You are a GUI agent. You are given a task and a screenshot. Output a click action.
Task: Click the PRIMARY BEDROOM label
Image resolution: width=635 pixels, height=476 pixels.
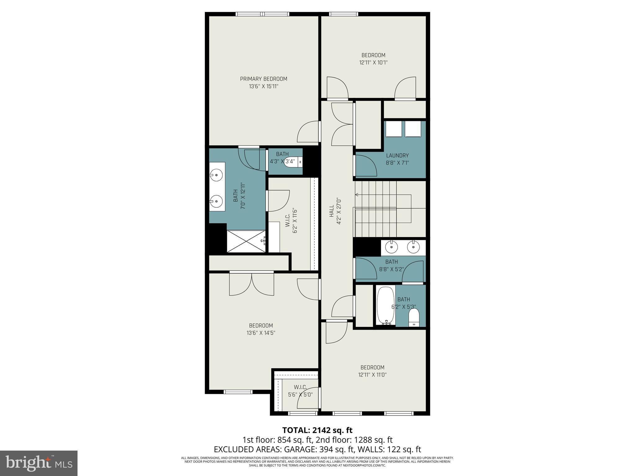click(264, 79)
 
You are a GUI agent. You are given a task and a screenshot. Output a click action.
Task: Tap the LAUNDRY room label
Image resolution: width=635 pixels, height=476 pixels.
click(397, 156)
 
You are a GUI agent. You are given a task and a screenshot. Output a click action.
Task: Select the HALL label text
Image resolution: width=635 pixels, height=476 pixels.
click(331, 211)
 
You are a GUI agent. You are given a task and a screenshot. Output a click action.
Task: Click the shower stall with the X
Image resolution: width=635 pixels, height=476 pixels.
click(246, 241)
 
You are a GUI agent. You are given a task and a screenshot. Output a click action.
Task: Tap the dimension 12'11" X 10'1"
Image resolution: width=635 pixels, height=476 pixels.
click(373, 63)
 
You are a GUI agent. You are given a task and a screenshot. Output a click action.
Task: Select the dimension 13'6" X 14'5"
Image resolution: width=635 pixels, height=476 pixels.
click(261, 333)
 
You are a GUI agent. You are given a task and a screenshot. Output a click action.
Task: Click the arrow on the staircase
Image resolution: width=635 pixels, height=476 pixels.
click(357, 195)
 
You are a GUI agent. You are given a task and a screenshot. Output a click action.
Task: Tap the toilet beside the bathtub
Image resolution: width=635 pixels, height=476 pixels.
click(414, 318)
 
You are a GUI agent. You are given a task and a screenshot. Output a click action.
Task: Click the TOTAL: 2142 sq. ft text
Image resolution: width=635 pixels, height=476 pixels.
click(317, 430)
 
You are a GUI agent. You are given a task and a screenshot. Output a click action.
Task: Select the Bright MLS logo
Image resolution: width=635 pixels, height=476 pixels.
click(39, 463)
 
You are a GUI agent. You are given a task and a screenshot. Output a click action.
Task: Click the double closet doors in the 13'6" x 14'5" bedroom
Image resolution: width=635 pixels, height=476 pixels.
click(251, 284)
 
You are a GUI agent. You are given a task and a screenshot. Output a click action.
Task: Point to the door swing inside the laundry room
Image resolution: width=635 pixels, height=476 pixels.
click(366, 165)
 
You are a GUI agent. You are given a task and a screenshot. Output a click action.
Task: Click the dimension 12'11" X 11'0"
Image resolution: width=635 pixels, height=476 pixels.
click(372, 375)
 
